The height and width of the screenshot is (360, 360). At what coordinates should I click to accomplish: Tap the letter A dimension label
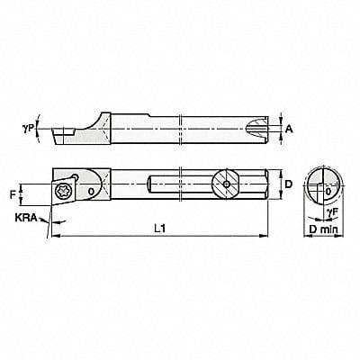point(288,130)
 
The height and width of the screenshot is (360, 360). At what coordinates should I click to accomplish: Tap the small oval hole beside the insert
point(90,191)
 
